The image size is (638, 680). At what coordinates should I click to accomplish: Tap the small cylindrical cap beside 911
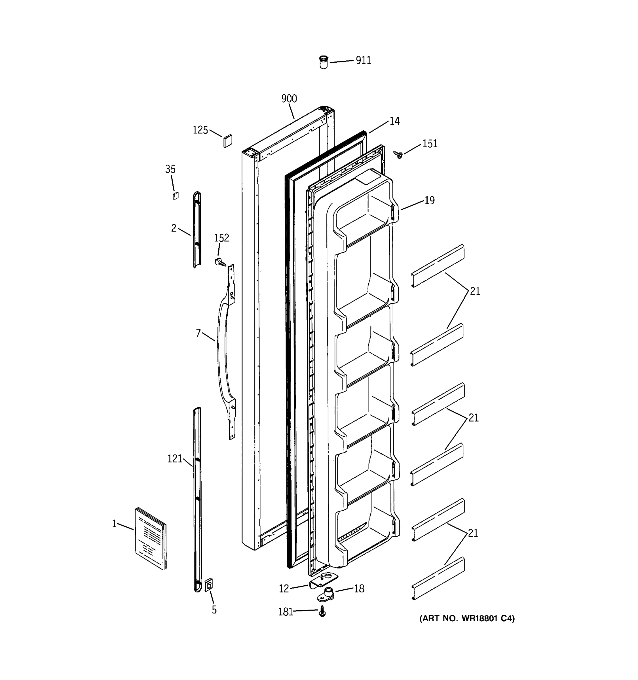click(323, 62)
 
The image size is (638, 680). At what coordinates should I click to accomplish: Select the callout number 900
click(289, 99)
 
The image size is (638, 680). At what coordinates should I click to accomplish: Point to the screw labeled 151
click(398, 155)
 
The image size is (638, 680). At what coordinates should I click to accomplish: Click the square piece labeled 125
click(228, 141)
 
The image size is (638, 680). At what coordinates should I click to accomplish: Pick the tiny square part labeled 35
click(175, 196)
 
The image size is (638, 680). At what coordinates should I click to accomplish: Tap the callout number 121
click(175, 459)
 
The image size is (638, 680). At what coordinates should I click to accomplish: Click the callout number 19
click(429, 200)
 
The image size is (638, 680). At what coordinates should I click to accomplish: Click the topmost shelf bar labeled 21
click(438, 265)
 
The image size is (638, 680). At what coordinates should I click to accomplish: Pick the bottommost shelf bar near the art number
click(438, 578)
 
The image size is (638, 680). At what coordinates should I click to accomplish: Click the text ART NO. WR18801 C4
click(467, 619)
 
